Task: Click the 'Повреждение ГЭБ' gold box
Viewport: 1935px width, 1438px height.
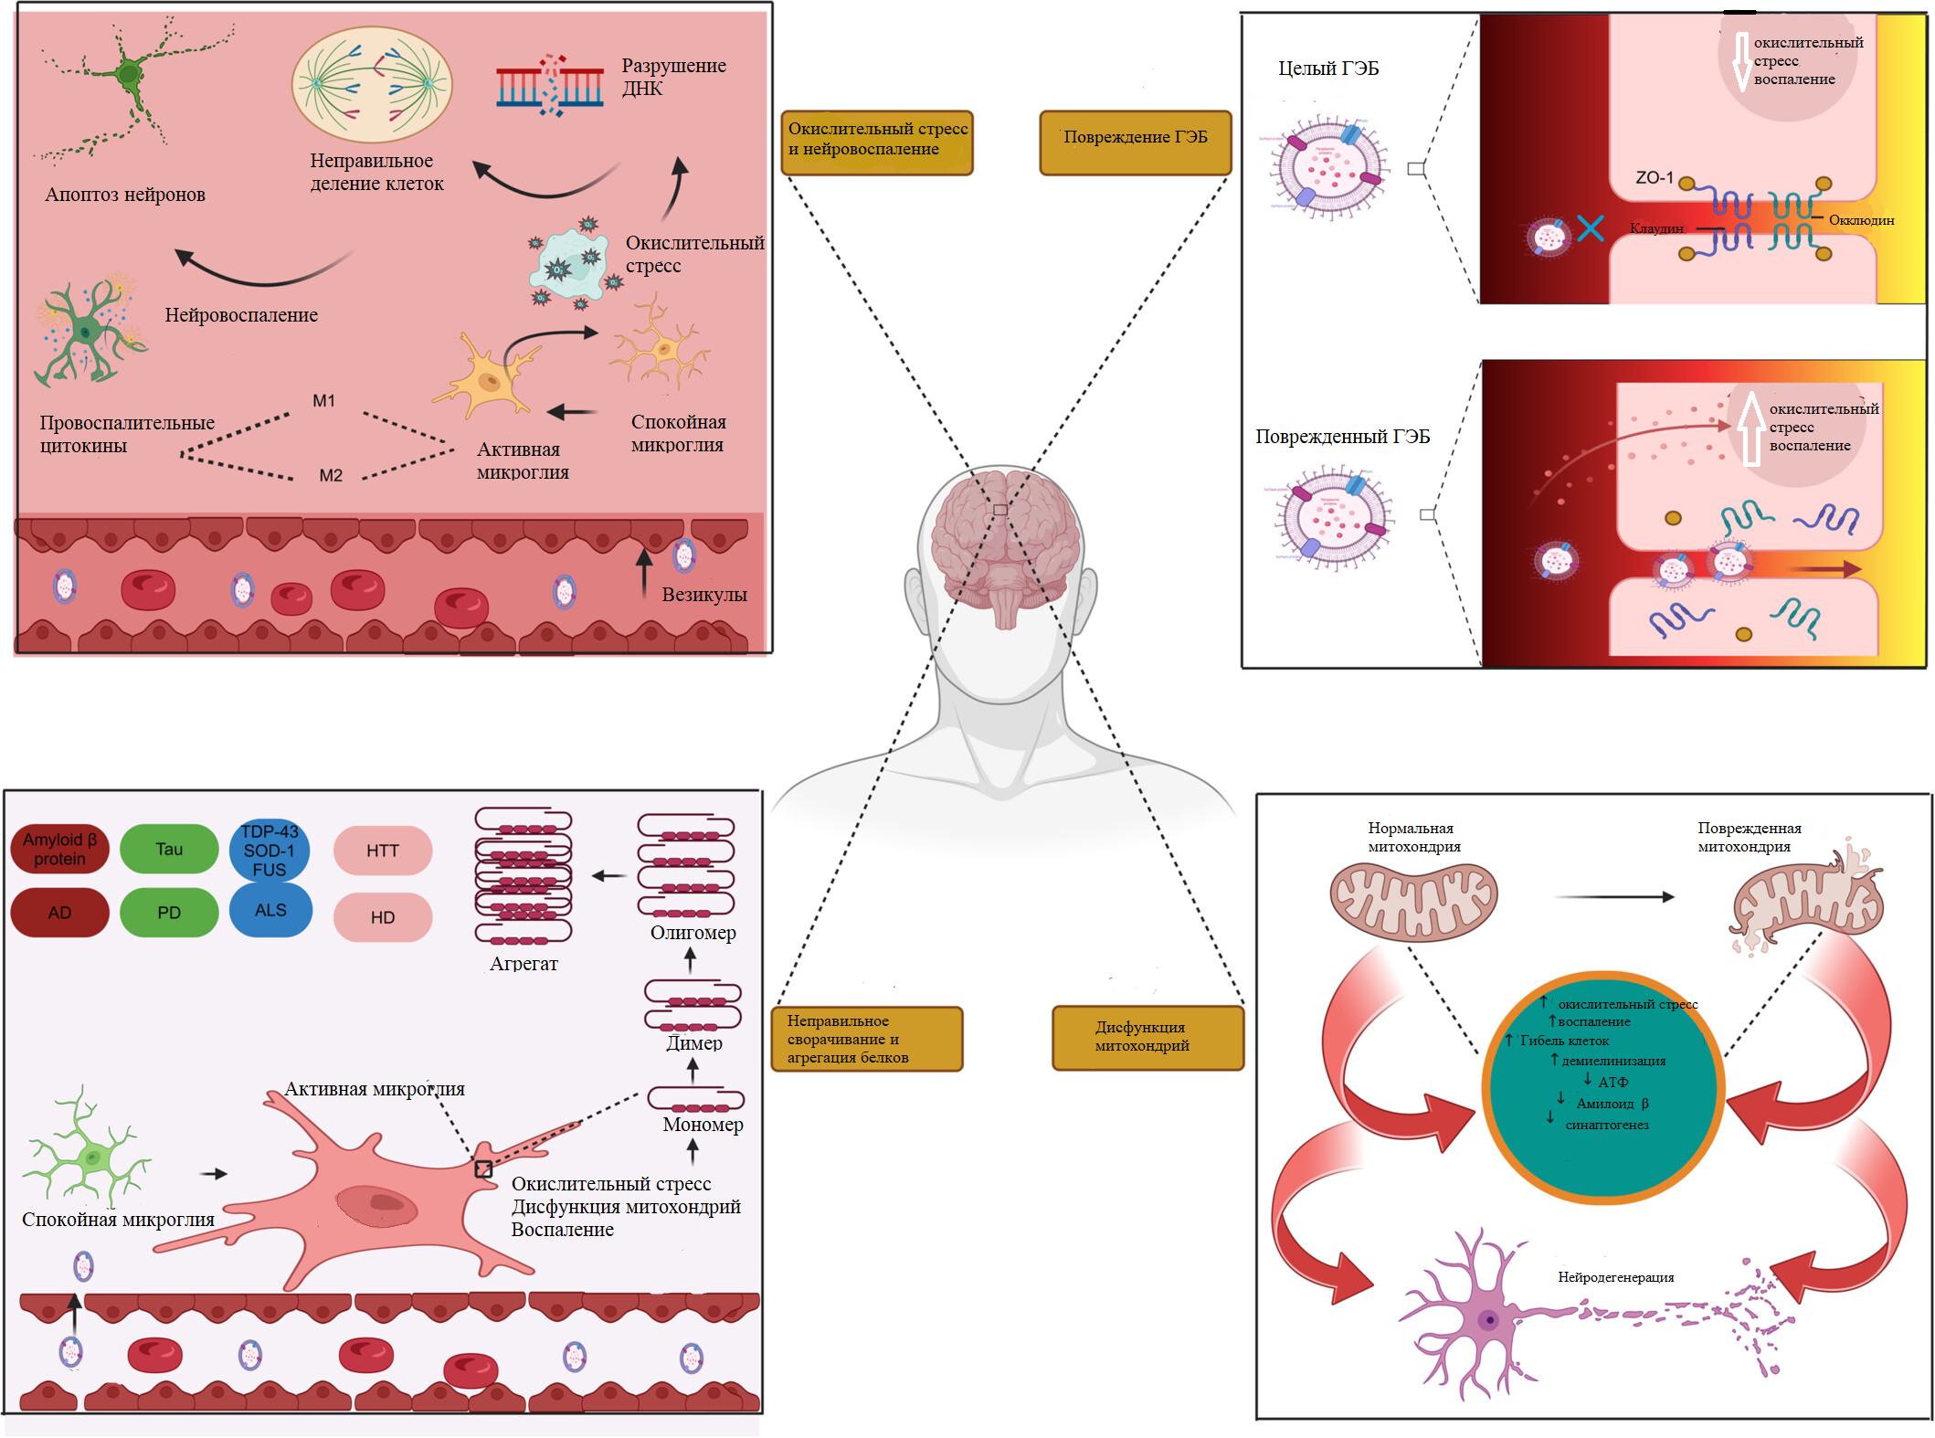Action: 1135,142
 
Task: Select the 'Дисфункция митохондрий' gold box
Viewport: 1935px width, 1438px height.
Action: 1147,1037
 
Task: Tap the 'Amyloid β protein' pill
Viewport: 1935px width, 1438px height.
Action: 59,849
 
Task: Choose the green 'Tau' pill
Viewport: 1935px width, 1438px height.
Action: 169,849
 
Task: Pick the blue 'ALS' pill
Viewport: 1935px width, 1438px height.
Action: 270,910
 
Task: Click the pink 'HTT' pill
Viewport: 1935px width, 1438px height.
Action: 383,851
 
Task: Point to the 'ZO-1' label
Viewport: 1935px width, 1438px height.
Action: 1654,177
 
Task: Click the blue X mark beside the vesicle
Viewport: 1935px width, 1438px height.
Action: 1591,227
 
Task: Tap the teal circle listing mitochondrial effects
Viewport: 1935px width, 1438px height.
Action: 1603,1087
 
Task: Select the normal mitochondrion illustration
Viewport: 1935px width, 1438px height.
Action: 1413,902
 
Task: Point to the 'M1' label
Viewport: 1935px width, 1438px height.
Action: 323,400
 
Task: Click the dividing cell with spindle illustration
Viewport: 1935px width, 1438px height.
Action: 372,84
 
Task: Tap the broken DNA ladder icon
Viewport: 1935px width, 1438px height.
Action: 550,87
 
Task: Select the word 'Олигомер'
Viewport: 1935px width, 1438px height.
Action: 693,933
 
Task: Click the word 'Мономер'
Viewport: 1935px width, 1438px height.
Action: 703,1125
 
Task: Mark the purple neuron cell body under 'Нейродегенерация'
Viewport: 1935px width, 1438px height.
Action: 1488,1320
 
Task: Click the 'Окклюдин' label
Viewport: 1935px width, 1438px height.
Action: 1861,220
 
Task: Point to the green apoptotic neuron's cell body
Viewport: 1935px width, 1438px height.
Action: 130,73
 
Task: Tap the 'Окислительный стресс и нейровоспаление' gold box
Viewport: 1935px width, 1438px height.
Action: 877,142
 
